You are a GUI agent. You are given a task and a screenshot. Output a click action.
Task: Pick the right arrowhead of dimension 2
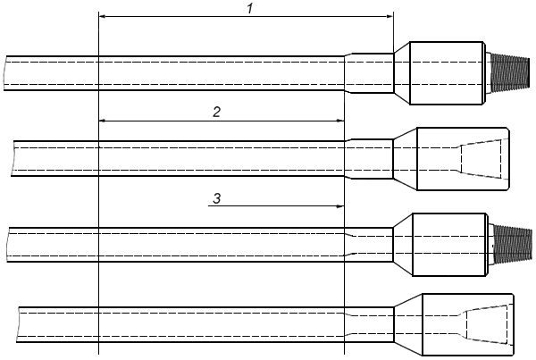339,120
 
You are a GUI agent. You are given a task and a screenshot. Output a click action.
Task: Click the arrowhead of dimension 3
339,206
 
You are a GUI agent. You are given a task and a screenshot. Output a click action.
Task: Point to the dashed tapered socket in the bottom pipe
488,323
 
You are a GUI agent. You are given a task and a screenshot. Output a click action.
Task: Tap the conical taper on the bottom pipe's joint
407,322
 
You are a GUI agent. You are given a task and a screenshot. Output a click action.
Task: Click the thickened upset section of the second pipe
369,159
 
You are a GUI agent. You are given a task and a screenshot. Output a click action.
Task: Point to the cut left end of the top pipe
5,71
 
